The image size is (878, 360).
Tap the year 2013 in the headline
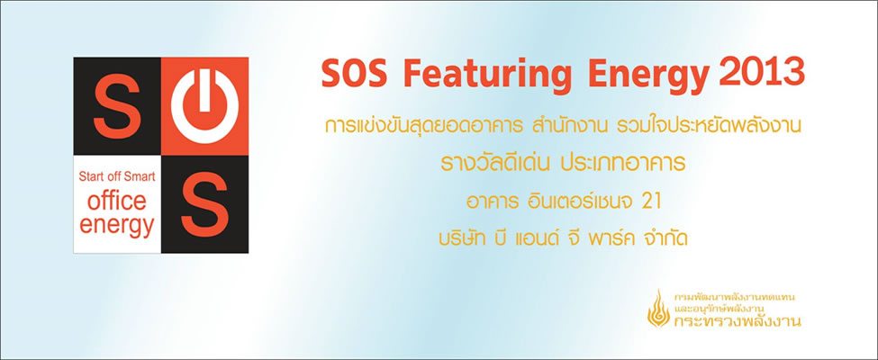click(x=764, y=72)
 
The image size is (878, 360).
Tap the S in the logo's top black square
click(x=116, y=106)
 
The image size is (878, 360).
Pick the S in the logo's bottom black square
click(x=204, y=204)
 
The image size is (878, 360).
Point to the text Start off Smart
click(x=117, y=177)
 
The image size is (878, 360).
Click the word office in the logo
click(x=117, y=200)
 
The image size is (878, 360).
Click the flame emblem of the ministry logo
click(x=658, y=309)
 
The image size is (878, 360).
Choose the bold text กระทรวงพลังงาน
click(x=737, y=320)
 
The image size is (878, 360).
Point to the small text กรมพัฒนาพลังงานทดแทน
click(x=735, y=296)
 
